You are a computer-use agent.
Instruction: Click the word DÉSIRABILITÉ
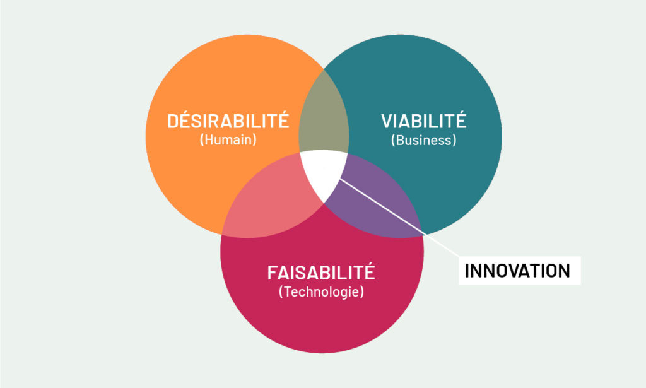pyautogui.click(x=228, y=121)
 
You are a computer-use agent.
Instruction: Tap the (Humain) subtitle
pyautogui.click(x=228, y=139)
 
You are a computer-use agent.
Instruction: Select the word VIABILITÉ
pyautogui.click(x=423, y=121)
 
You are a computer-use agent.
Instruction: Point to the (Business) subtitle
pyautogui.click(x=423, y=140)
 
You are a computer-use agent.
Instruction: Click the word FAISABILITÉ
pyautogui.click(x=321, y=273)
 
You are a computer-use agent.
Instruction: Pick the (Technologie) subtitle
pyautogui.click(x=321, y=291)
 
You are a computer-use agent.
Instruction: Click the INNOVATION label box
pyautogui.click(x=520, y=271)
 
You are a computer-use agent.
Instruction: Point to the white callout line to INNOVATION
pyautogui.click(x=399, y=218)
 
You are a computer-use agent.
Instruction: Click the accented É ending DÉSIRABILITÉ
pyautogui.click(x=282, y=121)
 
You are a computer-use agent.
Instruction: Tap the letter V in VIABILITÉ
pyautogui.click(x=388, y=121)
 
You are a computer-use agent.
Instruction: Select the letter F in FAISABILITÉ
pyautogui.click(x=273, y=273)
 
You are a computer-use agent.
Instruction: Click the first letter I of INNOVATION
pyautogui.click(x=467, y=271)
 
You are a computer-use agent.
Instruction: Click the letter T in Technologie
pyautogui.click(x=288, y=291)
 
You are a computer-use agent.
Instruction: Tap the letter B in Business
pyautogui.click(x=399, y=140)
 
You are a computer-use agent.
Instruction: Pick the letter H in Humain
pyautogui.click(x=208, y=139)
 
